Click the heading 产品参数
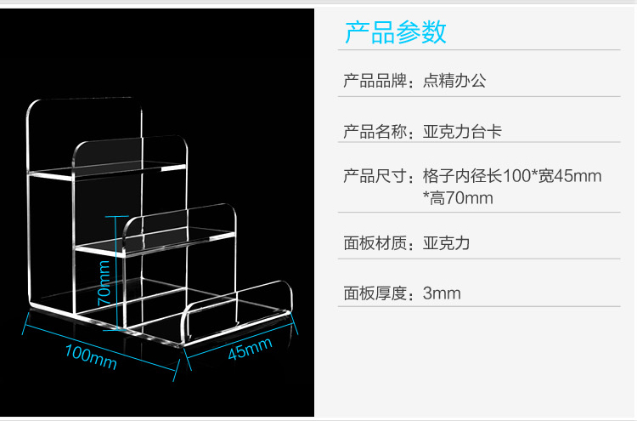(x=395, y=32)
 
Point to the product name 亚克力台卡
(x=464, y=132)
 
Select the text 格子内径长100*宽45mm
(x=511, y=177)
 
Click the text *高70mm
(x=458, y=198)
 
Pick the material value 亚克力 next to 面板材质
(x=446, y=243)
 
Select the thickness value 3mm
(x=442, y=293)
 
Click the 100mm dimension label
(x=90, y=357)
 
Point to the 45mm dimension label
(x=250, y=349)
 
